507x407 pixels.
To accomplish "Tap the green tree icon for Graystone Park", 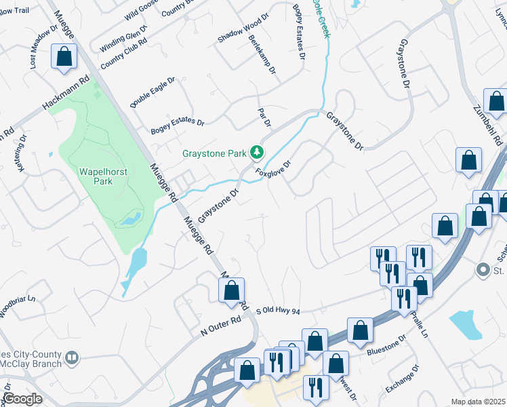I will [x=257, y=153].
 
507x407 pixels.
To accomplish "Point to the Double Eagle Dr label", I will [x=153, y=92].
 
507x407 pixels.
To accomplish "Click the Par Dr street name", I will [x=264, y=117].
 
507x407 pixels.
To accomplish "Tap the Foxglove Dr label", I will [x=273, y=169].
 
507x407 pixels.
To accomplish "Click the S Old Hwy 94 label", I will [x=277, y=310].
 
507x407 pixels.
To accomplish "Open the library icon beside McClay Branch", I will [x=73, y=356].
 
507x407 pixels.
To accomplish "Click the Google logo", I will [x=22, y=399].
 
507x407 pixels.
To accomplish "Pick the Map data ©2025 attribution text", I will [x=478, y=402].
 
